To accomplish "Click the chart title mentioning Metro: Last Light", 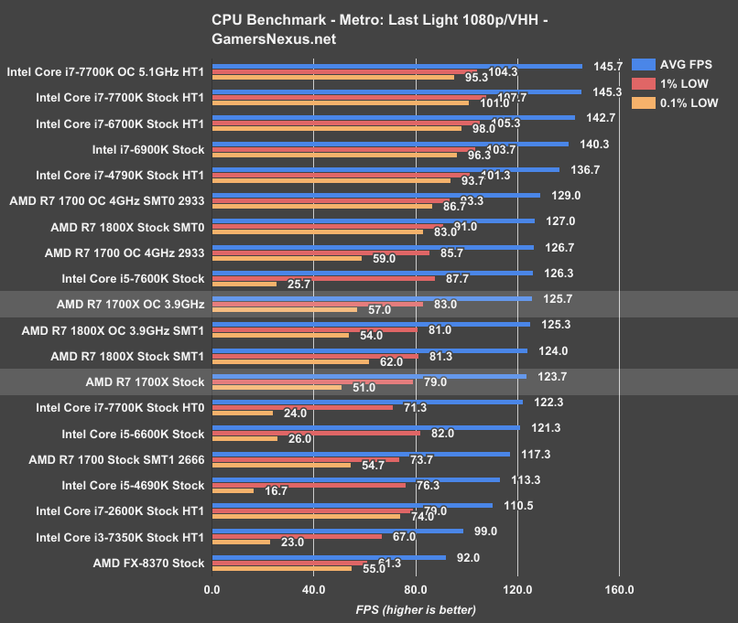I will click(x=368, y=27).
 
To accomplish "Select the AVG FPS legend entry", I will click(x=688, y=64).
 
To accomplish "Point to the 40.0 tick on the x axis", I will click(x=313, y=588).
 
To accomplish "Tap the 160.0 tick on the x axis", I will click(x=619, y=588).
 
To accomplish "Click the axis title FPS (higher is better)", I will click(x=416, y=608).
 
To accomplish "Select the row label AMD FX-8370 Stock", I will click(x=148, y=563).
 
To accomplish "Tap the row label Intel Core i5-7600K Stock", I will click(x=133, y=278).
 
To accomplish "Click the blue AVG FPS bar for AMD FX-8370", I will click(x=329, y=557).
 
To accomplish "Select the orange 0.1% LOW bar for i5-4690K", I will click(x=233, y=490).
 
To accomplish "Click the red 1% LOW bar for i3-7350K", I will click(x=297, y=537).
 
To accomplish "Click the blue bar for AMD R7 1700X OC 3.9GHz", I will click(x=371, y=298).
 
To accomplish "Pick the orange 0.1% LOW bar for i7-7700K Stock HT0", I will click(x=242, y=413).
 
